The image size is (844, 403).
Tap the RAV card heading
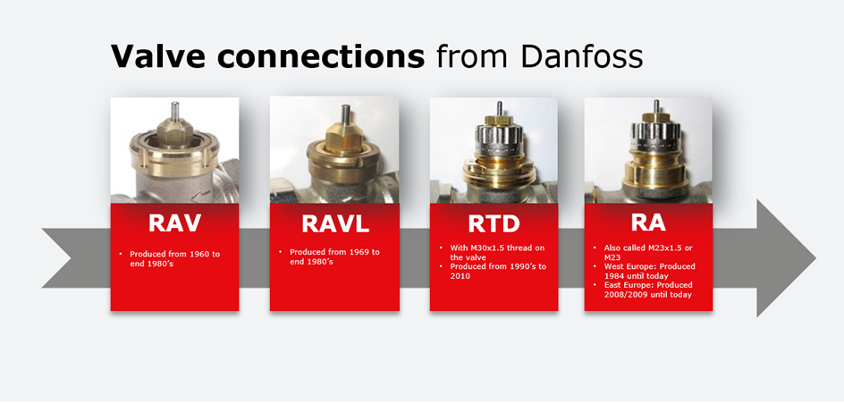174,223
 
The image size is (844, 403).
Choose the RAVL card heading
335,223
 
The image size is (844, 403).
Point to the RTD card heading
494,223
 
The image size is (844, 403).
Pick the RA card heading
648,223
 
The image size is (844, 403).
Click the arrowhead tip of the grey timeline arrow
815,257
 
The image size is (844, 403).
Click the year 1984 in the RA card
614,276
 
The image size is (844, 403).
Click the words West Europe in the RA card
628,267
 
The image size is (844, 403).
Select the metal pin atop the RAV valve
174,112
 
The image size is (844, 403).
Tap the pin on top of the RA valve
656,106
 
